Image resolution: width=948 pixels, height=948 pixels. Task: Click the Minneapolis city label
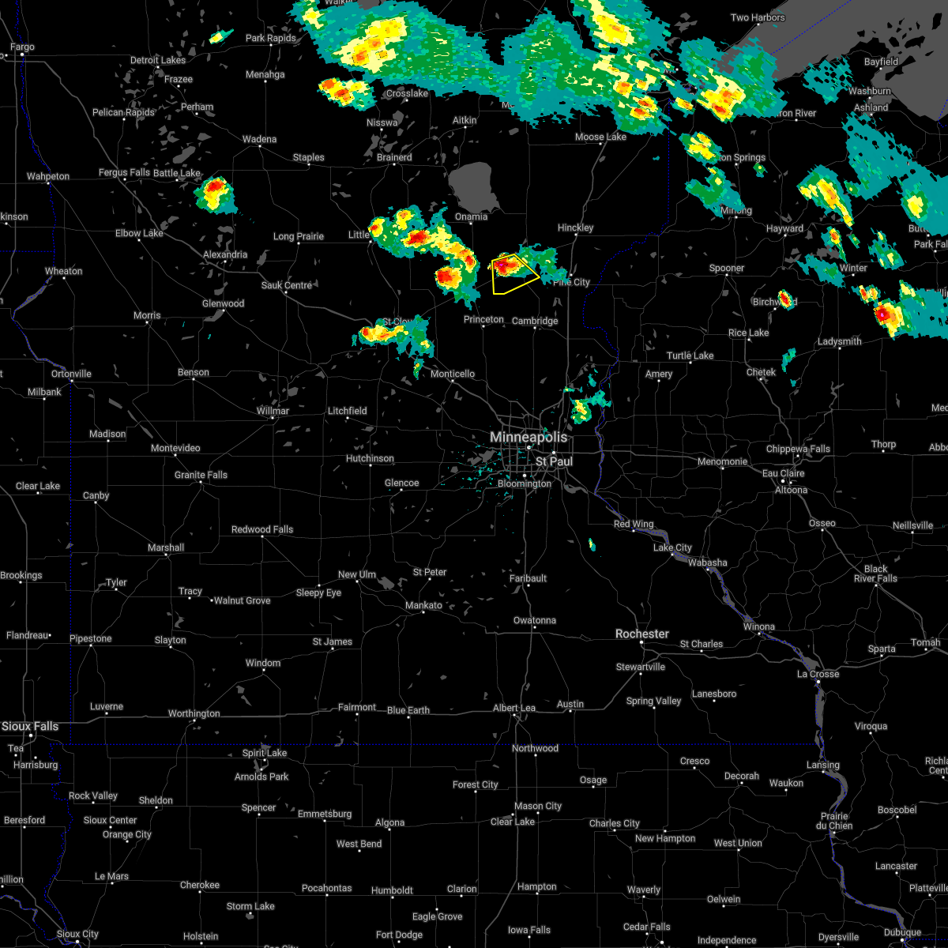click(528, 437)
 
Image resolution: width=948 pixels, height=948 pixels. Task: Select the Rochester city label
click(642, 634)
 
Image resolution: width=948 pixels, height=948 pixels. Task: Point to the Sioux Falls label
click(29, 726)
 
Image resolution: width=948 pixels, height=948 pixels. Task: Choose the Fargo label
click(22, 47)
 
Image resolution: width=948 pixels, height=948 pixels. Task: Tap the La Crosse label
click(818, 674)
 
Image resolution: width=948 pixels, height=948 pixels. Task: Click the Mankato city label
click(423, 605)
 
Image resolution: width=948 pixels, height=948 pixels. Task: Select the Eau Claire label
click(783, 473)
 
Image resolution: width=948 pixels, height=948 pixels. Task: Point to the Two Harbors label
click(758, 17)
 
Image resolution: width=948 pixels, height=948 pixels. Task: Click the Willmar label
click(273, 411)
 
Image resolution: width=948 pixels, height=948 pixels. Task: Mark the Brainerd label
click(394, 157)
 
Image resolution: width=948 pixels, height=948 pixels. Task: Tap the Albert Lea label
click(514, 708)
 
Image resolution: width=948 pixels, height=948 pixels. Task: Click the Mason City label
click(538, 806)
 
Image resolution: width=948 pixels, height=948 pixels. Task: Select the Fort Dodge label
click(399, 935)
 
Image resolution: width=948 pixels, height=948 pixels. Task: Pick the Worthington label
click(194, 713)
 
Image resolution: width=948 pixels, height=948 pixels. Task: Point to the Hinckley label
click(575, 228)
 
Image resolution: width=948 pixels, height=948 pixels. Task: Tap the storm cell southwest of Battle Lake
click(216, 194)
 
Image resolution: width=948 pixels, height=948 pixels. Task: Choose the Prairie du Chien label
click(835, 821)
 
